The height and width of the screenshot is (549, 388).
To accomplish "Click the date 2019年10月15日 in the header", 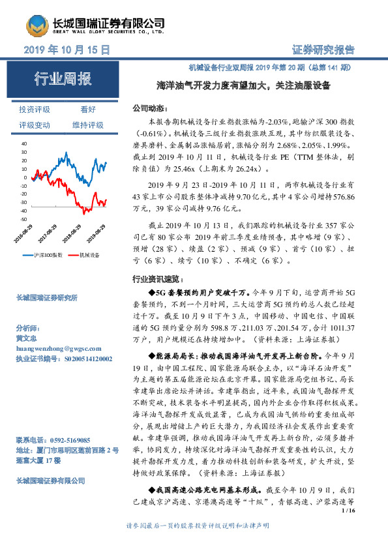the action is (x=67, y=50).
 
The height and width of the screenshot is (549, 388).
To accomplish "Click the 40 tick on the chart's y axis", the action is (x=24, y=143).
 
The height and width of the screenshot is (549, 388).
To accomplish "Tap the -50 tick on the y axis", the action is (x=23, y=220).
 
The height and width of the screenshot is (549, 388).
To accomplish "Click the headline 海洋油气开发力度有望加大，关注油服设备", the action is (x=243, y=85).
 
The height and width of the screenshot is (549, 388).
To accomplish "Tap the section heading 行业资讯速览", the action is (x=154, y=278).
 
